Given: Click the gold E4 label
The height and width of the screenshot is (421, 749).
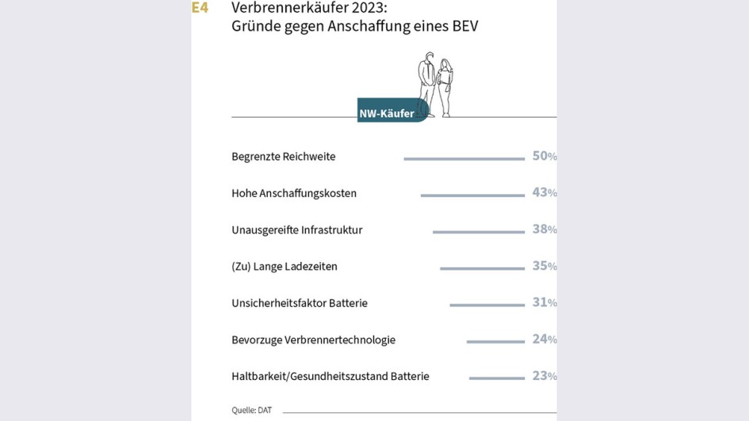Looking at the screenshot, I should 200,8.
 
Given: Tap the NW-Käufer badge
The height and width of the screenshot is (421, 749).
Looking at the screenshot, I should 388,113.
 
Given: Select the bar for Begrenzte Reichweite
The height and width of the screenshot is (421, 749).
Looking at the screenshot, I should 464,159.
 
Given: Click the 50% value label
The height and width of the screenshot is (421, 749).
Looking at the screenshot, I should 544,156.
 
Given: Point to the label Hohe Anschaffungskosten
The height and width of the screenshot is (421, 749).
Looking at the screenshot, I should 293,193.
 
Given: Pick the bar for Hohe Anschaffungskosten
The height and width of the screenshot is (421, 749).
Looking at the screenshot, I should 472,195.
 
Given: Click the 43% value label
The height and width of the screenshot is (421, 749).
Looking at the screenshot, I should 544,192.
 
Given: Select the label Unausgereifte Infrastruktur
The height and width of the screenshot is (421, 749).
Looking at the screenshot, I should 296,229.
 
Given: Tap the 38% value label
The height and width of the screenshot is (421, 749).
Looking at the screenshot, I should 544,229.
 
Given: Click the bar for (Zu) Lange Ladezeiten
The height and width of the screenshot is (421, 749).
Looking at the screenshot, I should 482,268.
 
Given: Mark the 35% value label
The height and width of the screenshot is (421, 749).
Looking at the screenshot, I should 544,266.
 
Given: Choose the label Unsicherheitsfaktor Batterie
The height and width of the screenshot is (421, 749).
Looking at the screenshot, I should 299,303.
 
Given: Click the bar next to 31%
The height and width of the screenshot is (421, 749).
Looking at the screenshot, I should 487,305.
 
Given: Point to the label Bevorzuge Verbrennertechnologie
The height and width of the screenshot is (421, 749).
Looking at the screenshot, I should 313,339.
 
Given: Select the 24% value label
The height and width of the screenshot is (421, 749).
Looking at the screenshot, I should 544,339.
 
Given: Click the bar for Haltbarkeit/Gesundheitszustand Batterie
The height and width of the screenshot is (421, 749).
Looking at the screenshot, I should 496,378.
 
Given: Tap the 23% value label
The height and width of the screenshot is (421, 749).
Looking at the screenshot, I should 544,376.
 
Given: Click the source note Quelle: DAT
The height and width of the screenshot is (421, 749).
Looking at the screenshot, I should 251,410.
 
